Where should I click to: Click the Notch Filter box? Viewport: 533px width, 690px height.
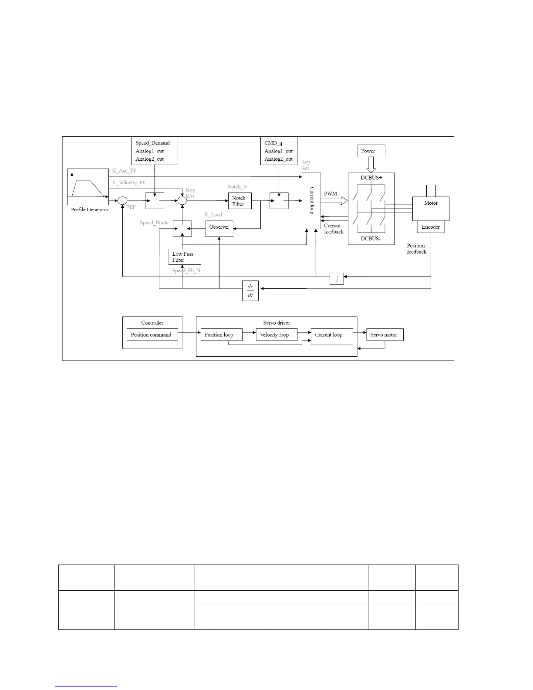click(239, 201)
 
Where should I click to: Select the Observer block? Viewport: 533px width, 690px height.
click(219, 227)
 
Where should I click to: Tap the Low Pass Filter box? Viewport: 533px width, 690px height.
click(185, 257)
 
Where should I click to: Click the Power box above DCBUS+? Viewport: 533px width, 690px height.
click(371, 151)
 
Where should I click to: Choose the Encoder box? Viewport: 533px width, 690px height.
click(431, 227)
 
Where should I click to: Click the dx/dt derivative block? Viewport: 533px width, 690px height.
click(250, 291)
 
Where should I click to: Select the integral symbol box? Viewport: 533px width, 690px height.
click(337, 279)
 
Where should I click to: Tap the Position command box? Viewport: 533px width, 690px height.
click(151, 335)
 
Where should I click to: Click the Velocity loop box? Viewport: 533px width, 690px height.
click(276, 335)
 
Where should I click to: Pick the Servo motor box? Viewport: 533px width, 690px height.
click(385, 335)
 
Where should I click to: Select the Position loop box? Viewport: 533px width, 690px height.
click(221, 335)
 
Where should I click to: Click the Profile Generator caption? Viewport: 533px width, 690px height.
click(90, 210)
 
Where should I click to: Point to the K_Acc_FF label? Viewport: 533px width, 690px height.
click(124, 171)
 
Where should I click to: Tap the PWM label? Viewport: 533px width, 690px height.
click(331, 193)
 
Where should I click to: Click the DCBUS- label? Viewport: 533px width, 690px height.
click(371, 239)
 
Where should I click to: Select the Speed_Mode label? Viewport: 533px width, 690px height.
click(154, 223)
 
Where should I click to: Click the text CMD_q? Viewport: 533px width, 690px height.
click(273, 143)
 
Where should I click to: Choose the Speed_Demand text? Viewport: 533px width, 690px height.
click(152, 143)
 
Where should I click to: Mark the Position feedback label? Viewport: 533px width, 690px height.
click(416, 249)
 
